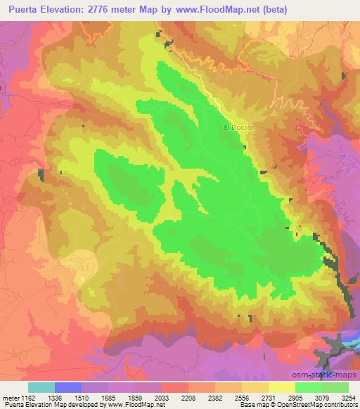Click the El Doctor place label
(x=238, y=128)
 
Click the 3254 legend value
(x=349, y=397)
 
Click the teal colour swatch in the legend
(x=41, y=387)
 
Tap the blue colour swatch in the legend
(x=69, y=387)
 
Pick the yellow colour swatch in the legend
(x=281, y=387)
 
